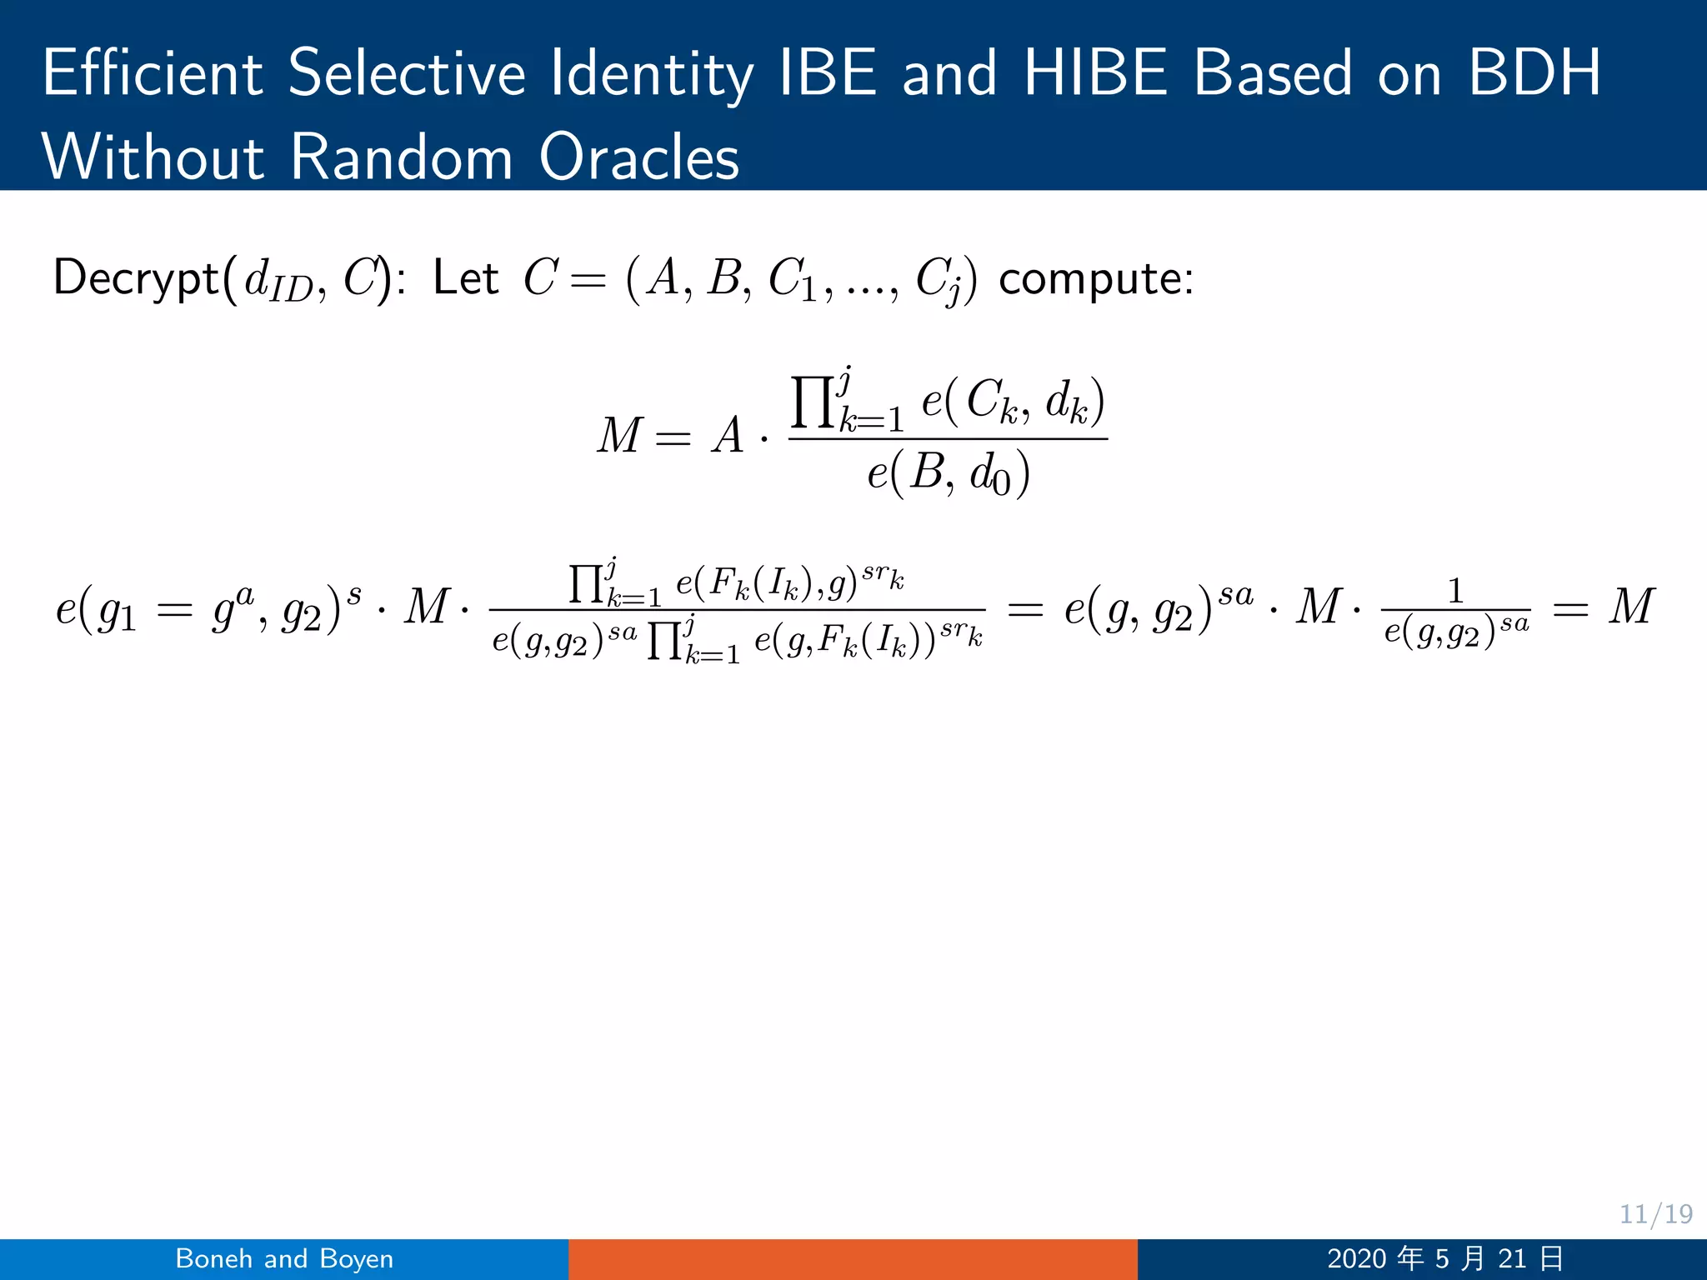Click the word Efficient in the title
pyautogui.click(x=153, y=73)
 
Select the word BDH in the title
pyautogui.click(x=1534, y=73)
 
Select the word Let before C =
pyautogui.click(x=465, y=277)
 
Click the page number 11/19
pyautogui.click(x=1655, y=1213)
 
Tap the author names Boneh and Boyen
pyautogui.click(x=284, y=1258)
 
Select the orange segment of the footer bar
pyautogui.click(x=853, y=1258)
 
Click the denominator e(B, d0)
pyautogui.click(x=949, y=474)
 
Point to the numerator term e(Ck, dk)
pyautogui.click(x=1013, y=402)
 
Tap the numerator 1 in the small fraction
pyautogui.click(x=1455, y=592)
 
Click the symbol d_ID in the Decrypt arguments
pyautogui.click(x=278, y=281)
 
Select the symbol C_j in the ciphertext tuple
pyautogui.click(x=939, y=281)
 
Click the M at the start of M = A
pyautogui.click(x=618, y=436)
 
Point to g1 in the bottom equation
pyautogui.click(x=117, y=612)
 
